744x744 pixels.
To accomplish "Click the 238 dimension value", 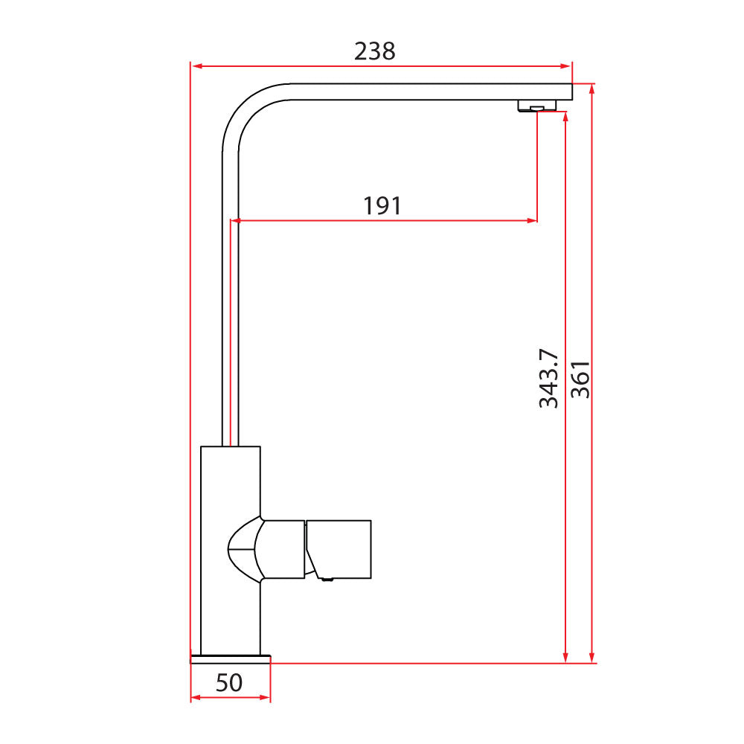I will [374, 51].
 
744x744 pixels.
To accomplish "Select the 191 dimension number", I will [382, 205].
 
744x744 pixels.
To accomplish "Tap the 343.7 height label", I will [549, 378].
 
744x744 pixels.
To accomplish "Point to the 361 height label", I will [580, 379].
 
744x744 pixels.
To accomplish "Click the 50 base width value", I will [229, 682].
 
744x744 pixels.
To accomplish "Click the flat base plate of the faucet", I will [231, 658].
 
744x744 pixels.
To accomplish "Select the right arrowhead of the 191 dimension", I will [532, 220].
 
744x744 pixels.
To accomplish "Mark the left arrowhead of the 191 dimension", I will [236, 220].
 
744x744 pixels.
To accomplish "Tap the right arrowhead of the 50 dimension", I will [265, 698].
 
